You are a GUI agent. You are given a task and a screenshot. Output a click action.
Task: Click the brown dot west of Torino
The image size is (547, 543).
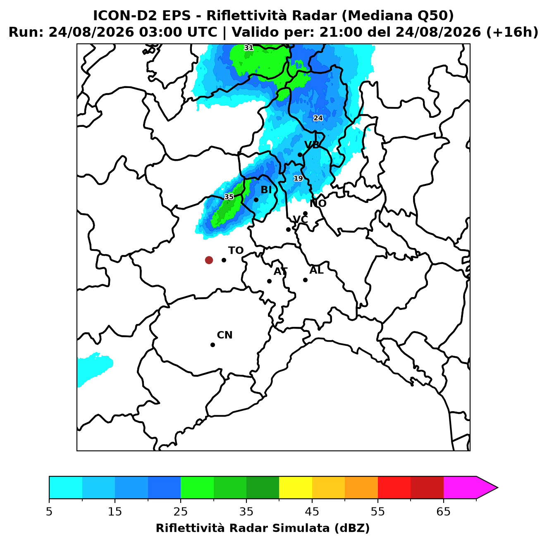point(209,260)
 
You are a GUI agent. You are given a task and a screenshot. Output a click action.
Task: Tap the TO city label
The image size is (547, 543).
point(236,250)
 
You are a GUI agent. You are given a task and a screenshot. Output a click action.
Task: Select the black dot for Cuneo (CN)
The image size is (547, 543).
point(213,345)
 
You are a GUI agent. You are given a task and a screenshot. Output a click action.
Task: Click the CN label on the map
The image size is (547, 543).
point(225,335)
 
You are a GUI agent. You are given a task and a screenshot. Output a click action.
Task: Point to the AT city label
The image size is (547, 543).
point(280,271)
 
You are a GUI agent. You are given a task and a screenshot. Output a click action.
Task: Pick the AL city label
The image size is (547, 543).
point(316,270)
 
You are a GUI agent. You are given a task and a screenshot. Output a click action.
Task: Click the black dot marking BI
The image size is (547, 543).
point(256,200)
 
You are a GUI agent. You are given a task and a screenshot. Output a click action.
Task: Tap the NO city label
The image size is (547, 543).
point(318,203)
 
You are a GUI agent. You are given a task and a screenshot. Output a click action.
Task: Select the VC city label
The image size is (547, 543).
point(300,219)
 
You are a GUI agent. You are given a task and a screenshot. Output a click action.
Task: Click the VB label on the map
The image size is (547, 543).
point(312,145)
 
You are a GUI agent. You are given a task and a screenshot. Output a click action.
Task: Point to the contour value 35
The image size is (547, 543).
point(229,197)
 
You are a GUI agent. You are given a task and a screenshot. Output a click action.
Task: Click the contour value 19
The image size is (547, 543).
point(298,178)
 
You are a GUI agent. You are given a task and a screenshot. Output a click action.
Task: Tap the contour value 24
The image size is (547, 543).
point(318,118)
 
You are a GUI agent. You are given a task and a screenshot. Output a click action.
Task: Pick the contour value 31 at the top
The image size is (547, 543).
point(248,48)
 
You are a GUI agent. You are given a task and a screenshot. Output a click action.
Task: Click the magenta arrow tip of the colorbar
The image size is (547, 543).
point(497,488)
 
